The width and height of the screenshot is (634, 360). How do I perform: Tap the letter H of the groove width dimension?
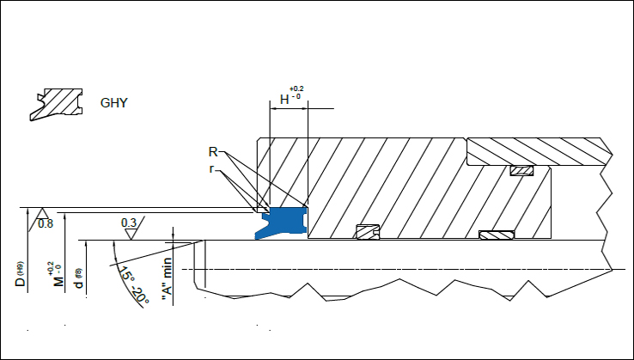284,100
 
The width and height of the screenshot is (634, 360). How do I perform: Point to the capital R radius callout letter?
213,152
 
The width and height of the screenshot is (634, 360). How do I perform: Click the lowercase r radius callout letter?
211,169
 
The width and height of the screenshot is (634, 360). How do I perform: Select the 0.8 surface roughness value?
46,224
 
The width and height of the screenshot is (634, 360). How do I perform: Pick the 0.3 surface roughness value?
129,223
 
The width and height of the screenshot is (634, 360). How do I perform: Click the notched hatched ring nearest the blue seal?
368,232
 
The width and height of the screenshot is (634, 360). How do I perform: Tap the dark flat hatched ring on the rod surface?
496,235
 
